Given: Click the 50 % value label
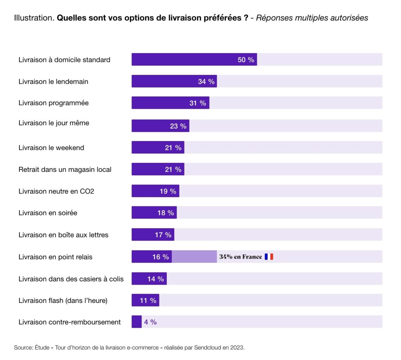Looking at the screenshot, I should [x=246, y=60].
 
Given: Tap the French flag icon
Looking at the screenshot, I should [x=269, y=257].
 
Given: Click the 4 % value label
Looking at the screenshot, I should [x=150, y=322].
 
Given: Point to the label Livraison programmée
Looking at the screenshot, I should [x=54, y=103].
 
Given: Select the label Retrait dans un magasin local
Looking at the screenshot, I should [x=65, y=169].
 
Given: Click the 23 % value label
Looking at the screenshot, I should [x=178, y=126].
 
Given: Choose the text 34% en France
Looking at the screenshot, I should [x=240, y=257].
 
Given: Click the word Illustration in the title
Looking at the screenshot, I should [x=34, y=18].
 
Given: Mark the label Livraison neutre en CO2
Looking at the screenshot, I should [x=56, y=191].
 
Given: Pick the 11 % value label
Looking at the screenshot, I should [x=148, y=301].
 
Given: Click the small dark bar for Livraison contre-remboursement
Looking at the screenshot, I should [x=136, y=322].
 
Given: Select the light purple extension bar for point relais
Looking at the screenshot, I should [x=194, y=257].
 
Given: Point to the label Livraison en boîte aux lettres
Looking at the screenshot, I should [x=63, y=235].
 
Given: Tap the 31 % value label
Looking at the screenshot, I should [x=198, y=103].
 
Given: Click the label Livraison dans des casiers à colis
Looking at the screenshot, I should [x=71, y=279].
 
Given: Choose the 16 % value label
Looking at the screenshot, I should [x=161, y=257].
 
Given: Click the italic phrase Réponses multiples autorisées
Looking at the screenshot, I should [x=312, y=18].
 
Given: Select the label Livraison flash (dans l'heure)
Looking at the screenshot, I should [x=63, y=301].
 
